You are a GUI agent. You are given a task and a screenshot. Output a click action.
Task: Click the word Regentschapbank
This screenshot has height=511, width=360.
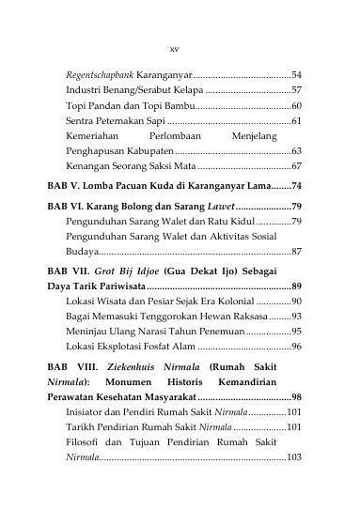click(98, 73)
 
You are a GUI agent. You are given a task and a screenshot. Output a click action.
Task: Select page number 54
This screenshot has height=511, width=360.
click(295, 73)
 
